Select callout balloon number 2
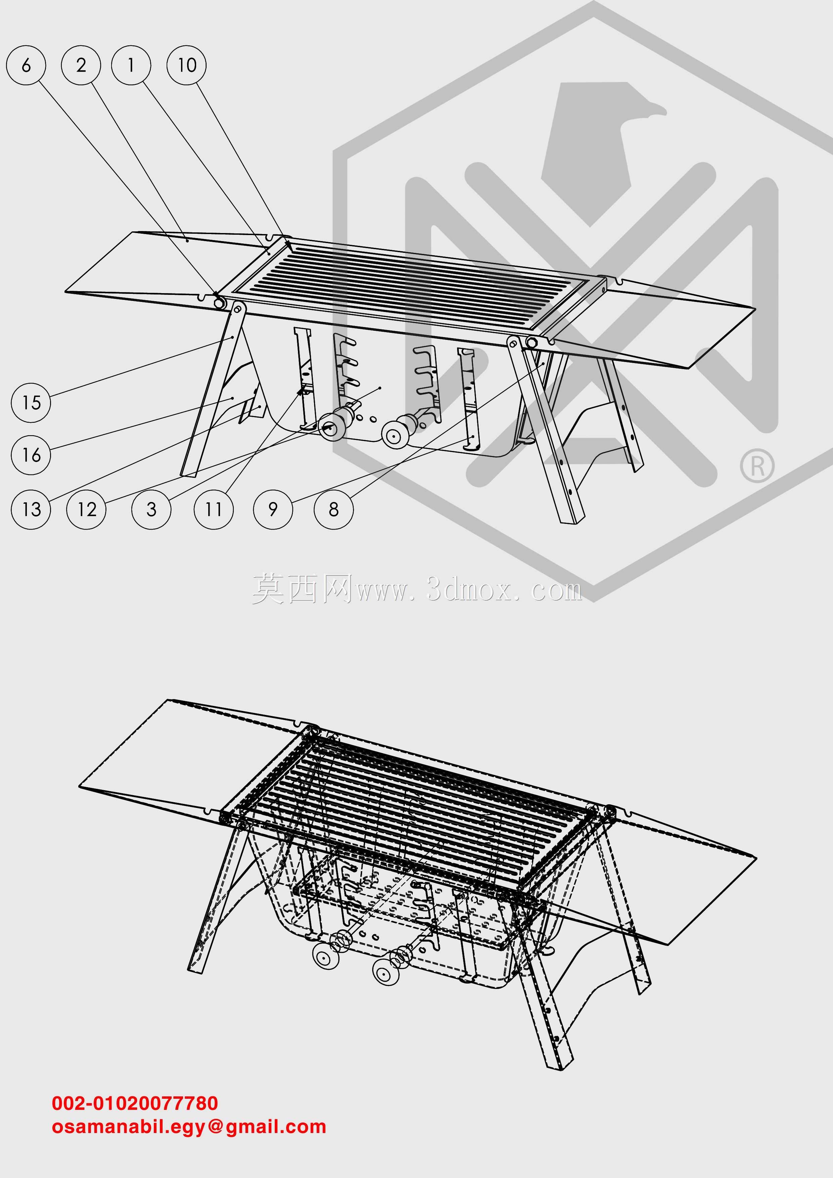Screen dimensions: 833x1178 coord(81,65)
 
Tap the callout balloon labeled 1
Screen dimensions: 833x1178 coord(131,65)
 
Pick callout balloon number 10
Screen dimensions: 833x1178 coord(187,65)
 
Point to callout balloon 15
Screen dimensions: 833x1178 coord(31,403)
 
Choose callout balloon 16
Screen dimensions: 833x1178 coord(31,455)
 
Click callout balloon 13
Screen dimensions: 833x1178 coord(31,509)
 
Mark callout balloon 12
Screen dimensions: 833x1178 coord(86,509)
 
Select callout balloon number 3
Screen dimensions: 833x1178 coord(151,509)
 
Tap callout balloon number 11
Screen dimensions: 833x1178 coord(214,509)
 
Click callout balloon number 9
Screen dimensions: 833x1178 coord(273,509)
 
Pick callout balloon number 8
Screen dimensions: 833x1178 coord(334,509)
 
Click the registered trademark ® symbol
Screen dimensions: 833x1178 coord(757,466)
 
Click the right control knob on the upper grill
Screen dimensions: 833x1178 coord(394,435)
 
